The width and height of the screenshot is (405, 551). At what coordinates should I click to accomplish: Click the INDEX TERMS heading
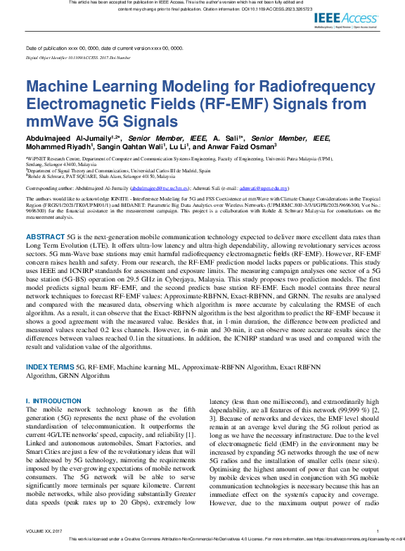point(50,367)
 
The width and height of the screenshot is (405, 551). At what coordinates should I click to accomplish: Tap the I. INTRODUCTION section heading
point(53,401)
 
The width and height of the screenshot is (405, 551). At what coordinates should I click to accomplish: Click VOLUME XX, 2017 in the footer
point(44,531)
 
